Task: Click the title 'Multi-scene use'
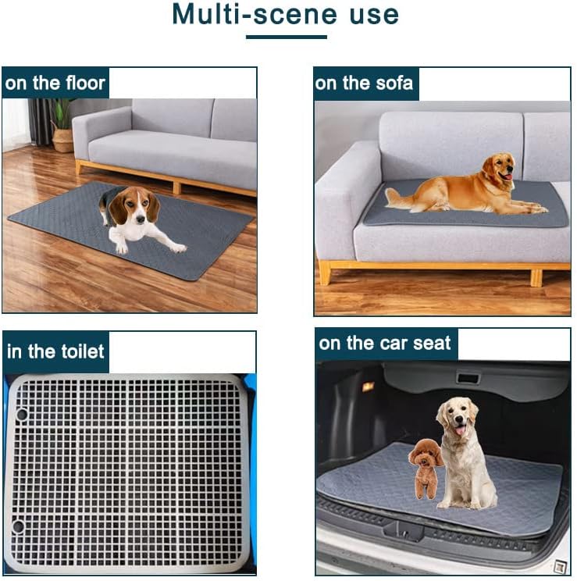coord(285,14)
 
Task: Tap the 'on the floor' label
coord(55,83)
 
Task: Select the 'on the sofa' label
coord(364,83)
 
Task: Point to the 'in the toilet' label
coord(55,351)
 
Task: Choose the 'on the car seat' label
coord(385,343)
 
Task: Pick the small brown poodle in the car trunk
coord(426,468)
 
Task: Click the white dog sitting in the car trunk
coord(465,452)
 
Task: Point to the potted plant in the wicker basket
coord(63,126)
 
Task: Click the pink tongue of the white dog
coord(460,430)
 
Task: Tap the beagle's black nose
coord(140,219)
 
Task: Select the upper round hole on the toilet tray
coord(22,414)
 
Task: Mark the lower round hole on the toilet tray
coord(17,526)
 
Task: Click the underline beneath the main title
coord(287,37)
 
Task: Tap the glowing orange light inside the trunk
coord(367,387)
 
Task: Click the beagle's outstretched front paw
coord(178,248)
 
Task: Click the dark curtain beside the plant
coord(40,122)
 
